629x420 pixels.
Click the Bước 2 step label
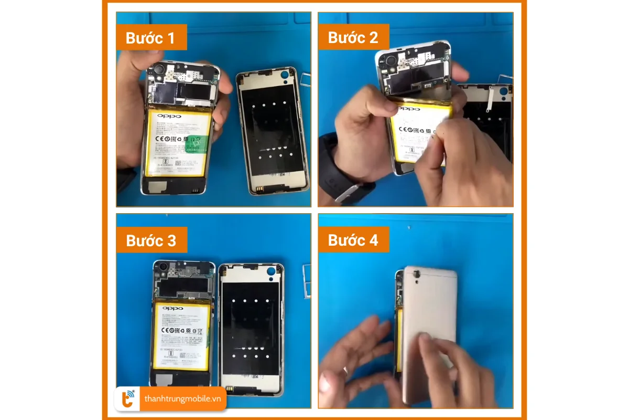[x=353, y=37]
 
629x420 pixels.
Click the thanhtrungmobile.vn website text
[x=182, y=399]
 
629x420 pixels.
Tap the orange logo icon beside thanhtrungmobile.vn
[x=128, y=400]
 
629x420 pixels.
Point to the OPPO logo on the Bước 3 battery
[x=172, y=308]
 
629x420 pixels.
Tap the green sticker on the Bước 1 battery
[x=200, y=140]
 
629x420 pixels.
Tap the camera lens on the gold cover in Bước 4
[x=418, y=273]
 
